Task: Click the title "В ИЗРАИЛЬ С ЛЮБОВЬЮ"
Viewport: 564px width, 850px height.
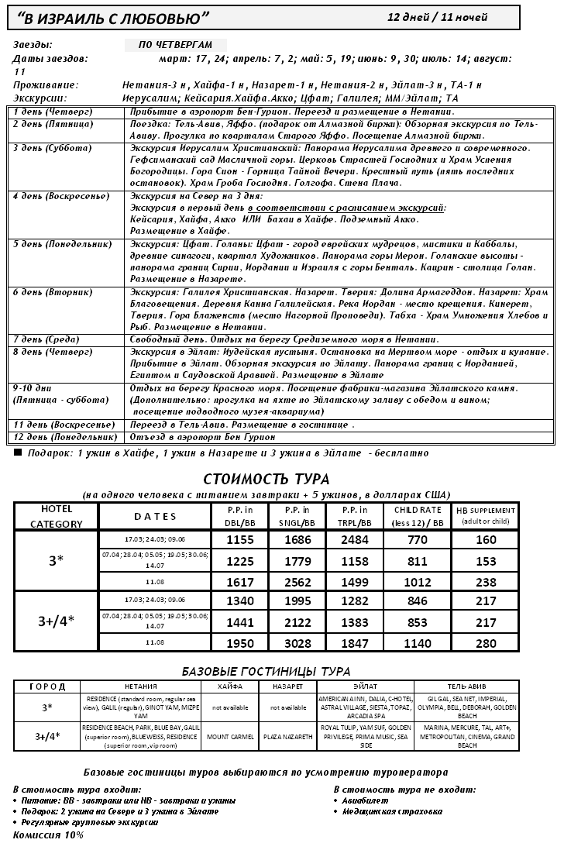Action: tap(114, 18)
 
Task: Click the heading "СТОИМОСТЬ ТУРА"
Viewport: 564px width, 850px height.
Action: tap(266, 478)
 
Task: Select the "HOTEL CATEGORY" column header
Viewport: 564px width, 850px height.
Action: tap(56, 517)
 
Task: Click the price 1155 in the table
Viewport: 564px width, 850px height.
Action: tap(239, 540)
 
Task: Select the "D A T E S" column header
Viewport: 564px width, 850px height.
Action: tap(155, 517)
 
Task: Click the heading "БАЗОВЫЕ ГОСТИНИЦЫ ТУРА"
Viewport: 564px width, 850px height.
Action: tap(266, 671)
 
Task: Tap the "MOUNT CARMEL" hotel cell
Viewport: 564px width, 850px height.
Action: tap(229, 735)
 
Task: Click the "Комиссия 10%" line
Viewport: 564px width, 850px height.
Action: tap(48, 835)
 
